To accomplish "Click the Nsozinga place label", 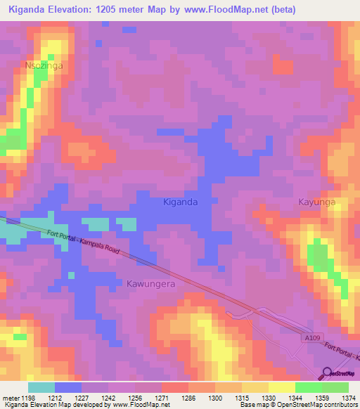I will (x=44, y=65).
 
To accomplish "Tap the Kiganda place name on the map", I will (x=180, y=202).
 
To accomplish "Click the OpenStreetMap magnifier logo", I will (x=326, y=372).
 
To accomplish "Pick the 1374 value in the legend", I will (x=349, y=398).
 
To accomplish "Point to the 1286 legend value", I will (x=188, y=398).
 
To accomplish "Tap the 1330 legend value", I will (x=269, y=398).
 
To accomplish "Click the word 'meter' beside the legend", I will (x=11, y=398).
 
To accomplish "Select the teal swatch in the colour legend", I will (x=41, y=387).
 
